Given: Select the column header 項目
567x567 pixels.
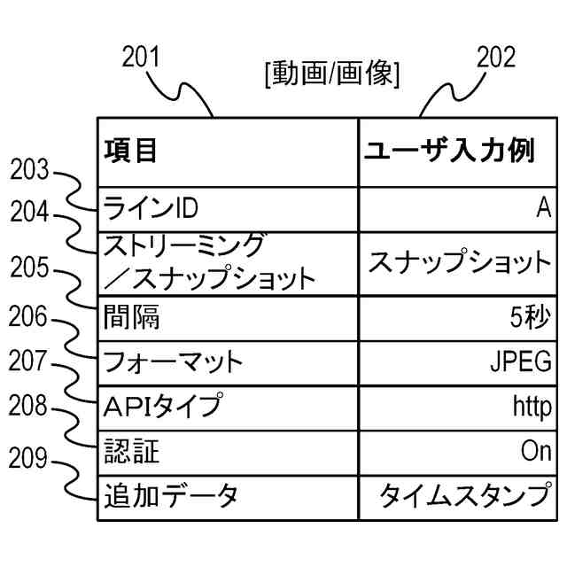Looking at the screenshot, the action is click(131, 151).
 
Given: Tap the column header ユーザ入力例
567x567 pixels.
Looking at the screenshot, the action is click(449, 151).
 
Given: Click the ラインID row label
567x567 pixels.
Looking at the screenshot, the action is click(151, 208).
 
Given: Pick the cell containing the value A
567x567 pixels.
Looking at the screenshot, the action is click(543, 208).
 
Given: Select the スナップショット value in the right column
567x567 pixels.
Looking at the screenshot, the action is click(459, 262).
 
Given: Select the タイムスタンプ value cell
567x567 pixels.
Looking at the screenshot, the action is click(464, 496).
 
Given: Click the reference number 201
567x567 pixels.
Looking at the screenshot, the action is click(141, 58).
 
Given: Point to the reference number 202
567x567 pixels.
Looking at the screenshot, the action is click(495, 58).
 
